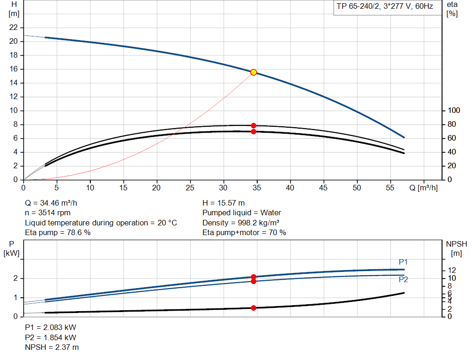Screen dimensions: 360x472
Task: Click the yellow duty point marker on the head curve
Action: (x=254, y=72)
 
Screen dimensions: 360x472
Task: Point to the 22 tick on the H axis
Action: (x=14, y=28)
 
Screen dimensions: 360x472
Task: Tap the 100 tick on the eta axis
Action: (x=454, y=111)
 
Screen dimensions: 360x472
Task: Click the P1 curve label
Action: (x=403, y=262)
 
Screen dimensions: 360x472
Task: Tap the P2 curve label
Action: (x=403, y=279)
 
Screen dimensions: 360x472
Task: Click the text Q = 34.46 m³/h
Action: (x=54, y=203)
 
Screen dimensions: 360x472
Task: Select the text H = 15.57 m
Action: (x=224, y=203)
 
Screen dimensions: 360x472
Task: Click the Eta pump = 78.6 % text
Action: (x=58, y=233)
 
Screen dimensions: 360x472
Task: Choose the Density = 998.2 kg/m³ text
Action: (x=241, y=223)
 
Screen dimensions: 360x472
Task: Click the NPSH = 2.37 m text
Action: (x=51, y=347)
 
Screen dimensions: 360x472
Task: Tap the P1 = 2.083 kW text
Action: (x=50, y=327)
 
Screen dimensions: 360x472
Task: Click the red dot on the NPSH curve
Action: (x=254, y=308)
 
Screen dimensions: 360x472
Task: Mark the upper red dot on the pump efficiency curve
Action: (x=254, y=125)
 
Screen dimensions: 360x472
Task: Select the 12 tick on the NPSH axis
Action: (x=453, y=270)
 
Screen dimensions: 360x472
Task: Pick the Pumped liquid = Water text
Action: (x=242, y=212)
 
